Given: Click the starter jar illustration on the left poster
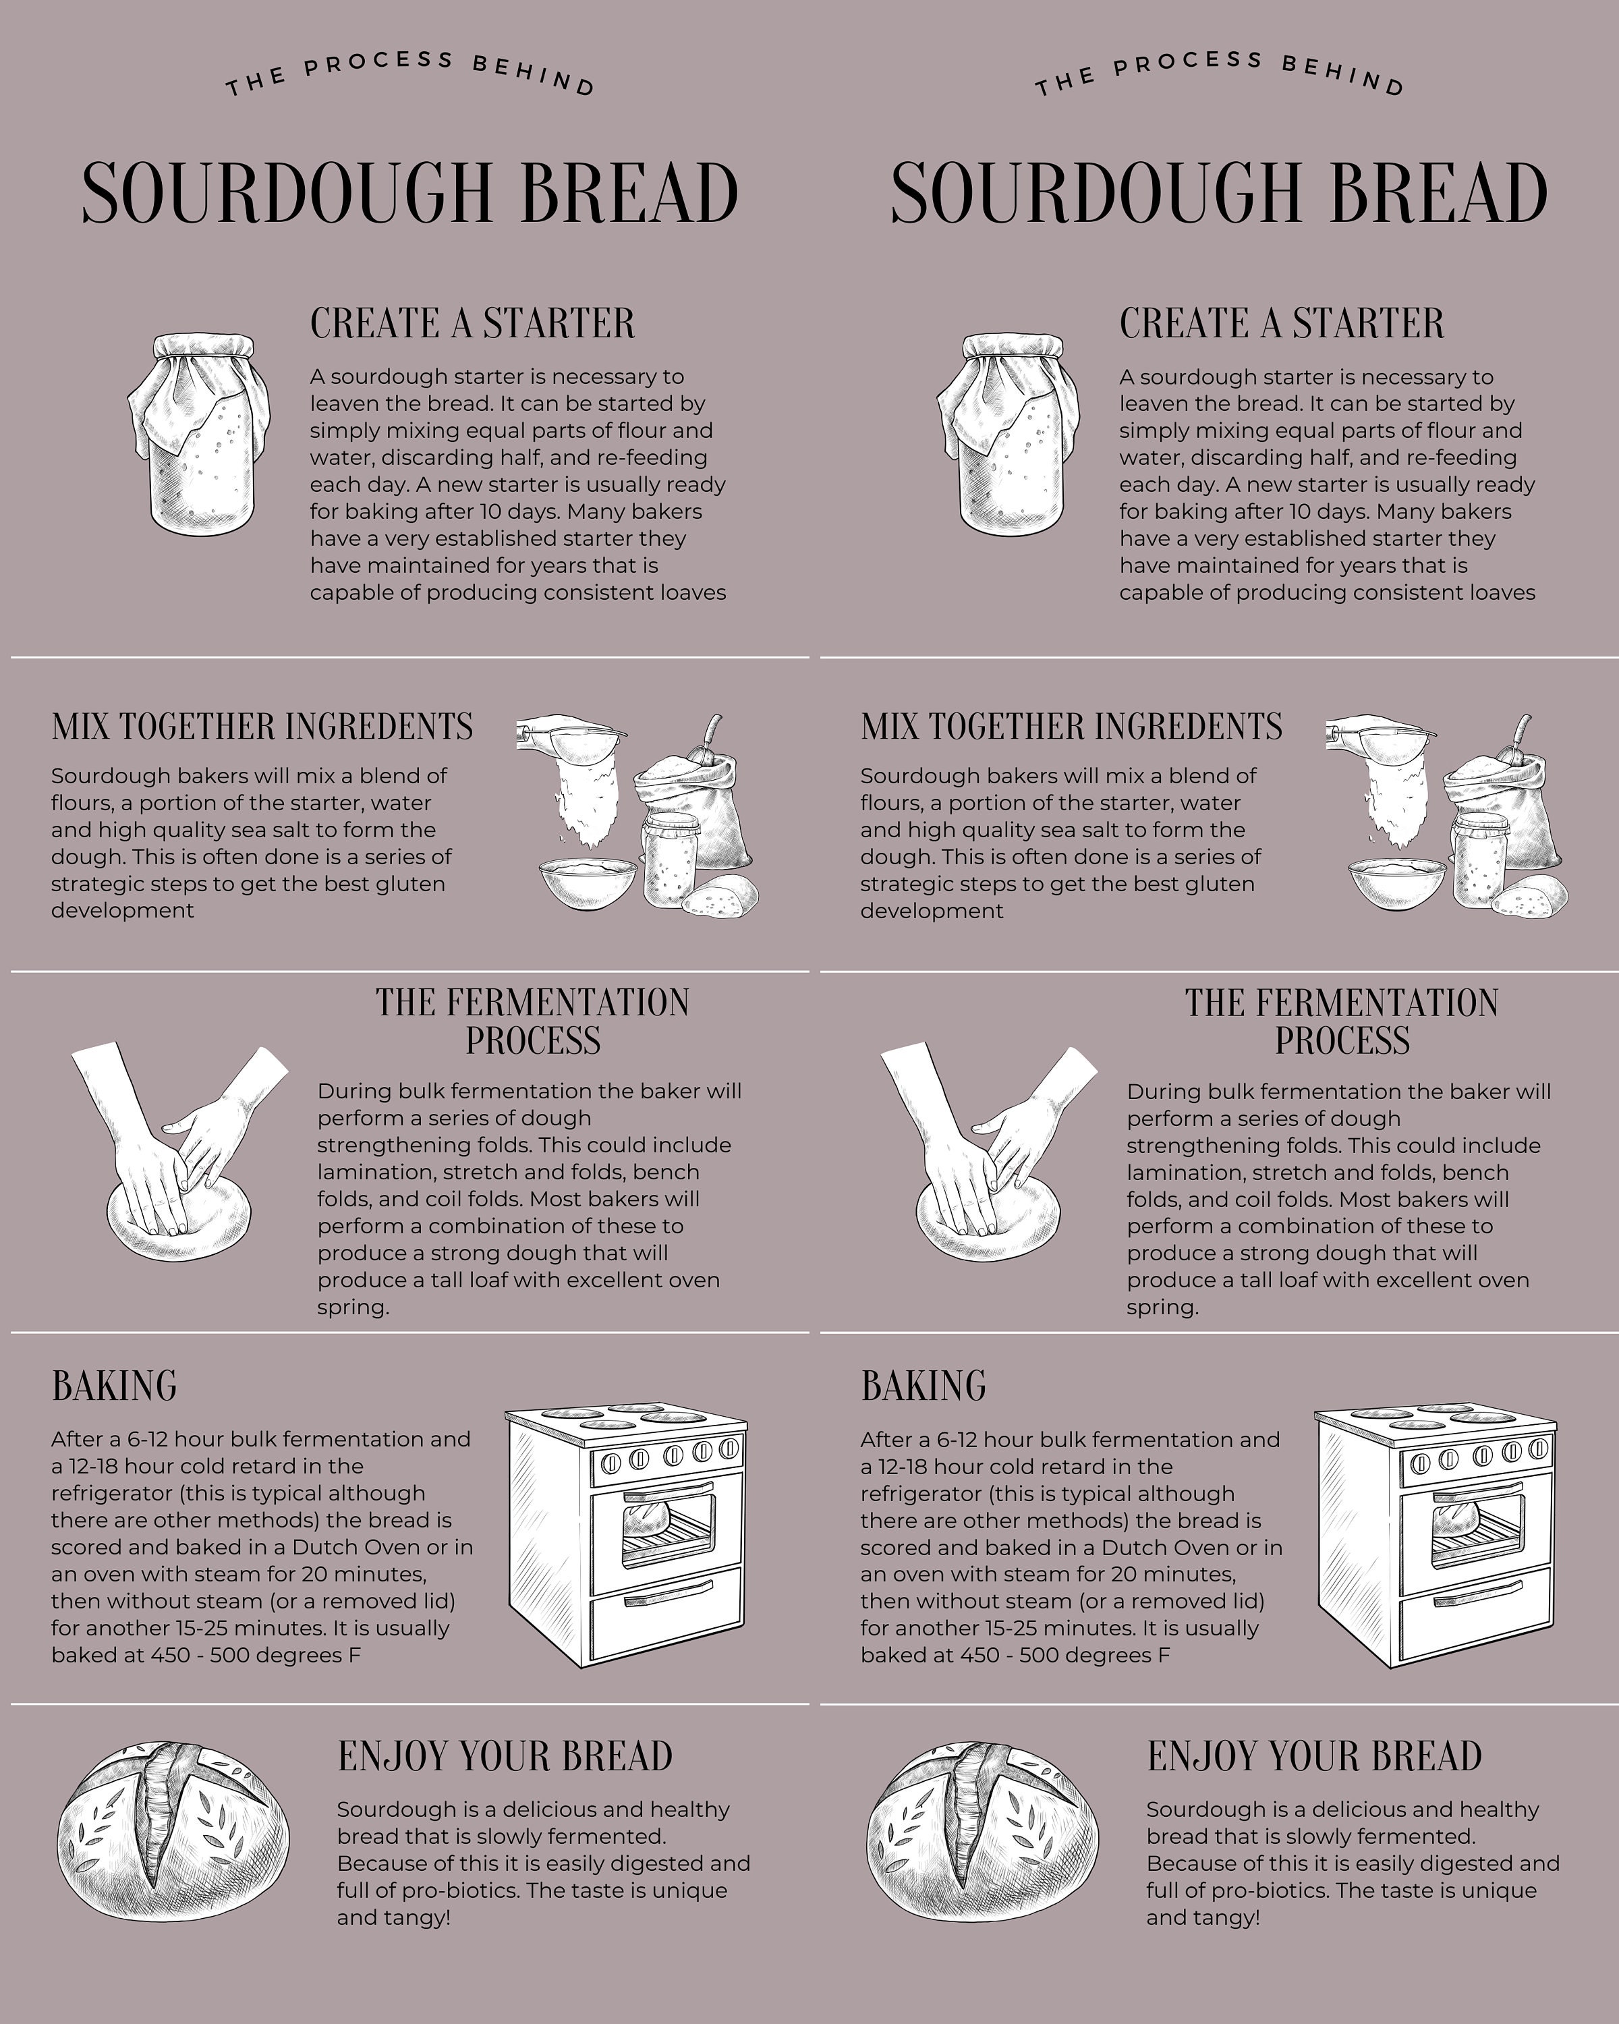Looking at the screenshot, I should click(x=200, y=434).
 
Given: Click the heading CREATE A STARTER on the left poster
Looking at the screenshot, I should click(x=472, y=323).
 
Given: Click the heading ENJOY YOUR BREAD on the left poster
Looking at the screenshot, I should click(x=505, y=1756).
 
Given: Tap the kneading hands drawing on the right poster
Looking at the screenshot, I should click(x=988, y=1155).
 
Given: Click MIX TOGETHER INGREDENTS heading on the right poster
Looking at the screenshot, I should click(x=1071, y=727).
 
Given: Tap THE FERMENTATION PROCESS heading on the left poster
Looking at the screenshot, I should click(x=532, y=1021).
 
